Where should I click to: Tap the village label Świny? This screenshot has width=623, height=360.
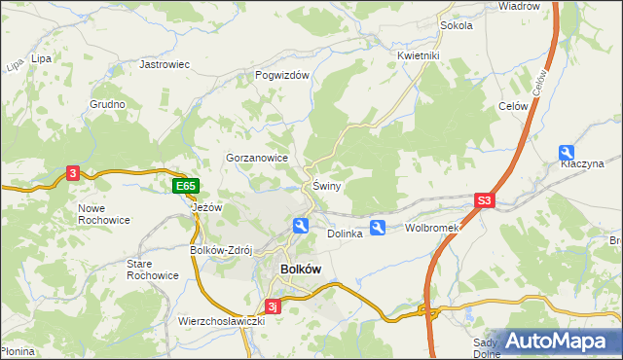[x=326, y=186]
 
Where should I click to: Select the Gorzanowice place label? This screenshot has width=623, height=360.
[x=257, y=157]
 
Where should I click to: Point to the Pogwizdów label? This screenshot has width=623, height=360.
[x=281, y=75]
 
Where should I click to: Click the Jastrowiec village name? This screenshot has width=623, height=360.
[x=165, y=64]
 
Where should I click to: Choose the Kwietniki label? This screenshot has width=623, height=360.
[x=420, y=55]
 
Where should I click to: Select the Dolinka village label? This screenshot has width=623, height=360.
[x=345, y=234]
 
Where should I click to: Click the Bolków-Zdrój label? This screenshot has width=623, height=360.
[x=221, y=249]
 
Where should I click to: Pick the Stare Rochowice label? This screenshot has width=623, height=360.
[x=153, y=270]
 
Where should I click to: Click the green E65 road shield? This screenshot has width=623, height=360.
[x=186, y=186]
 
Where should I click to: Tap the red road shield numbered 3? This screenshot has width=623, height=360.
[x=73, y=173]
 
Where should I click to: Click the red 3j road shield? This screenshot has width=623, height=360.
[x=275, y=306]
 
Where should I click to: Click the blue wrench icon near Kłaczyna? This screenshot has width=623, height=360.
[x=568, y=152]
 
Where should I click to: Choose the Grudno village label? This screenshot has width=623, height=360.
[x=107, y=104]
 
